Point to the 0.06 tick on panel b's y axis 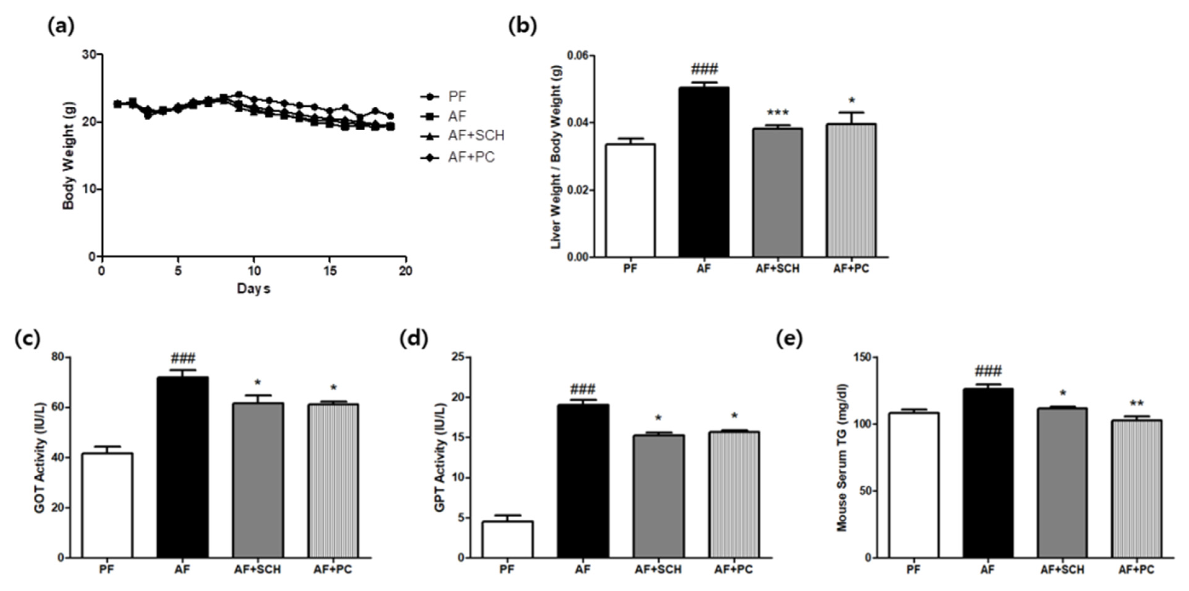tap(578, 56)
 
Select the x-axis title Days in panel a tap(253, 289)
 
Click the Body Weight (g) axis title tap(69, 155)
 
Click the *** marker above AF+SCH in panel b tap(777, 113)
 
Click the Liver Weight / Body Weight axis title tap(556, 155)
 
